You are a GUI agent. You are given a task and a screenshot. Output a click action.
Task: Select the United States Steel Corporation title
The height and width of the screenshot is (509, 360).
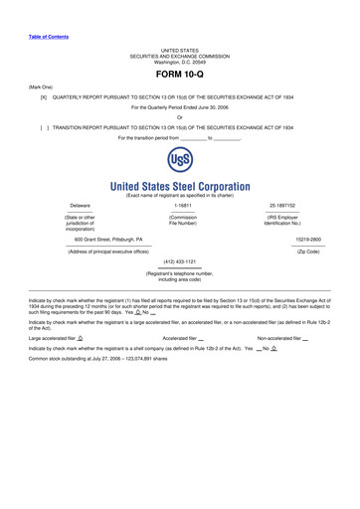point(180,186)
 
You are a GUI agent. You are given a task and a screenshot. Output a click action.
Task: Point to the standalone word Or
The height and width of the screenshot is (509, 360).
point(179,118)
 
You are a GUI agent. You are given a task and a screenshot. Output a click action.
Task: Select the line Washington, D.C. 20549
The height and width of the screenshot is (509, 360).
point(180,60)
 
